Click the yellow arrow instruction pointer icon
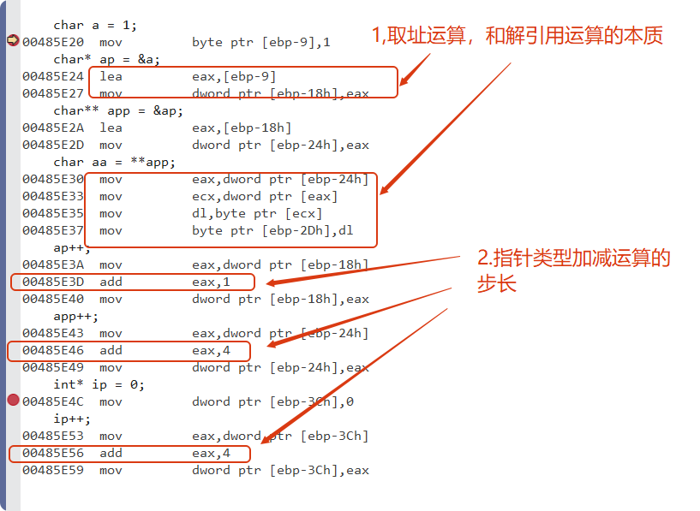click(x=13, y=41)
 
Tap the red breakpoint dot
click(x=13, y=401)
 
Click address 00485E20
click(x=51, y=42)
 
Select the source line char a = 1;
click(x=95, y=25)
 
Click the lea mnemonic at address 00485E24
click(x=111, y=76)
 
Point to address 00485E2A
click(x=51, y=128)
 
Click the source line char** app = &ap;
click(x=118, y=110)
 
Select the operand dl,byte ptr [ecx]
click(x=257, y=213)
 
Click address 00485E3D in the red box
click(x=51, y=282)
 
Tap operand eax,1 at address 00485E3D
click(x=211, y=282)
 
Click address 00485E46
click(x=51, y=350)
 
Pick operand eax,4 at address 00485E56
click(x=211, y=453)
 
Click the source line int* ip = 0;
click(x=99, y=384)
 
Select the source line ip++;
click(x=72, y=419)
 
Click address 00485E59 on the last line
click(x=51, y=470)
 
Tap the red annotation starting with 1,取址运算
click(x=517, y=36)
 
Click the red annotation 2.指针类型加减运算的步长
click(x=573, y=270)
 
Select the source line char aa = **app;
click(x=114, y=162)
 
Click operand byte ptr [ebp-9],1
click(x=261, y=42)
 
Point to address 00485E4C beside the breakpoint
click(x=51, y=401)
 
